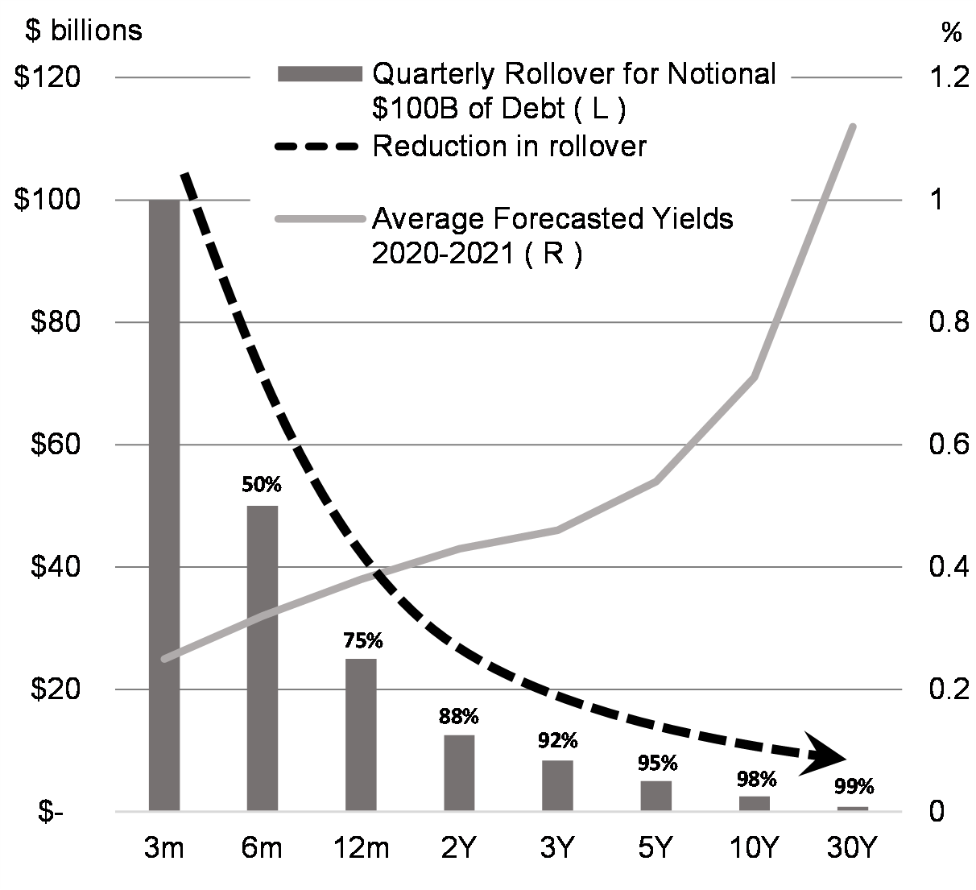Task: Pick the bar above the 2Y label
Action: pyautogui.click(x=459, y=772)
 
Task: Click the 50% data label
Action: pyautogui.click(x=262, y=485)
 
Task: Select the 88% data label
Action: pyautogui.click(x=459, y=716)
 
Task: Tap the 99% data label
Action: pyautogui.click(x=854, y=787)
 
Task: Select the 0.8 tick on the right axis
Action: pyautogui.click(x=948, y=322)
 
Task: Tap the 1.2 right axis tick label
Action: pyautogui.click(x=948, y=77)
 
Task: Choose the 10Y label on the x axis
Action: pyautogui.click(x=754, y=848)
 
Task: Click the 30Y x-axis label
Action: pyautogui.click(x=851, y=848)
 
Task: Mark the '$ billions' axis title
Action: pyautogui.click(x=84, y=31)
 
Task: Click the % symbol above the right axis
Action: pyautogui.click(x=950, y=32)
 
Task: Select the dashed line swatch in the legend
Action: pyautogui.click(x=316, y=147)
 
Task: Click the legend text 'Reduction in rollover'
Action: pyautogui.click(x=509, y=147)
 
